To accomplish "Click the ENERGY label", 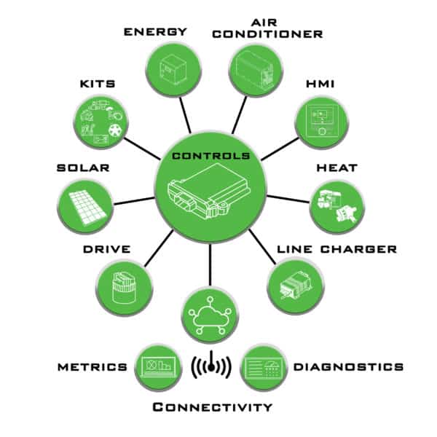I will pyautogui.click(x=155, y=31).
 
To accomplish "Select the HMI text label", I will pyautogui.click(x=321, y=84).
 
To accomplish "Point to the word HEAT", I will pyautogui.click(x=336, y=168).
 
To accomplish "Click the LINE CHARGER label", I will pyautogui.click(x=336, y=249).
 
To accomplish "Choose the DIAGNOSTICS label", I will pyautogui.click(x=347, y=366).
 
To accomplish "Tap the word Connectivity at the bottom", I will pyautogui.click(x=212, y=406).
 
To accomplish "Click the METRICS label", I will pyautogui.click(x=92, y=366).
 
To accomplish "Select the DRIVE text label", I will pyautogui.click(x=106, y=249).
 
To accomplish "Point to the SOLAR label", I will pyautogui.click(x=83, y=168).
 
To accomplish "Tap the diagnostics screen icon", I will pyautogui.click(x=263, y=366).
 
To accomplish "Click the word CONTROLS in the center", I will pyautogui.click(x=210, y=156).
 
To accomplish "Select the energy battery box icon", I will pyautogui.click(x=174, y=70).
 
